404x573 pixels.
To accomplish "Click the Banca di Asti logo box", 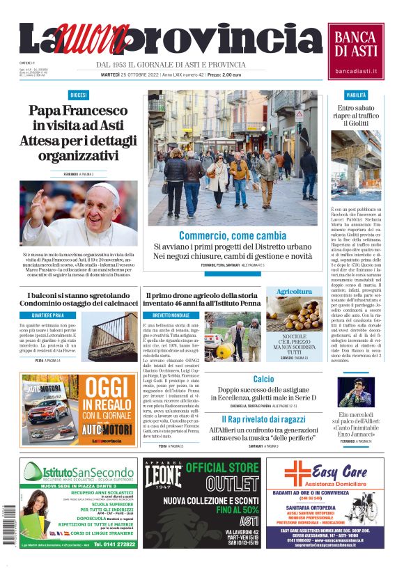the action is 356,52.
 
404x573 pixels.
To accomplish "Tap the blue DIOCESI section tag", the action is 78,95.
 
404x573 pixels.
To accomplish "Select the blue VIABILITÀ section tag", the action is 356,95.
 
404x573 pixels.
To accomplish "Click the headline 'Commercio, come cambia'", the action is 233,236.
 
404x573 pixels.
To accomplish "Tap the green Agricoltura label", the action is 294,291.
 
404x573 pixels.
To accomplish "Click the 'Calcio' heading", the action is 263,379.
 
